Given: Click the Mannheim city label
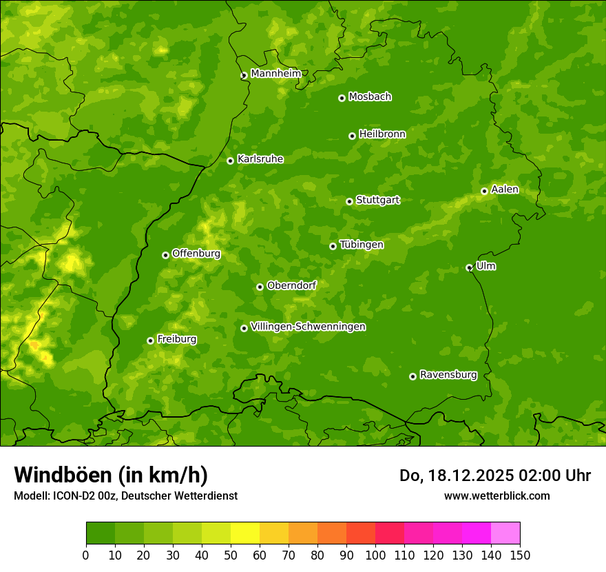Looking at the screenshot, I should pos(275,74).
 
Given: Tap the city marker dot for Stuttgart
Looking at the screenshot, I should pos(349,201).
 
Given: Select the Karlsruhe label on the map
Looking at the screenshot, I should pos(260,159).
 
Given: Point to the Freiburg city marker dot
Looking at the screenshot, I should pos(150,340).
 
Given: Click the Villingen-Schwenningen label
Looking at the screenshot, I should pos(308,327).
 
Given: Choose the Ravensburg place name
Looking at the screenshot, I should pos(448,375).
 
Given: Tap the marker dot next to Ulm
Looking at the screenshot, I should pos(469,267).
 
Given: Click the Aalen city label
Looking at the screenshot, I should pos(505,190).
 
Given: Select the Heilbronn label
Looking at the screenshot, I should pos(382,134).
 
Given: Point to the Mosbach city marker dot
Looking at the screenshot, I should pos(342,98).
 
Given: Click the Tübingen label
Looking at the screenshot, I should pos(362,245).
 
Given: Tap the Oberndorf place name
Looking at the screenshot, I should pos(291,285).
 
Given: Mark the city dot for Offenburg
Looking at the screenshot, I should pos(165,255).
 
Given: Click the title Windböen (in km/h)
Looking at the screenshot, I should pos(111,475).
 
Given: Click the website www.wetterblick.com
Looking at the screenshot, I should pos(497,496).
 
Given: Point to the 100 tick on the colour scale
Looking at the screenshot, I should pos(375,555).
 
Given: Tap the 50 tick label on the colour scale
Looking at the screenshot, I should pos(231,555).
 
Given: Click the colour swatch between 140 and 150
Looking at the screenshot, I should pos(505,533).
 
